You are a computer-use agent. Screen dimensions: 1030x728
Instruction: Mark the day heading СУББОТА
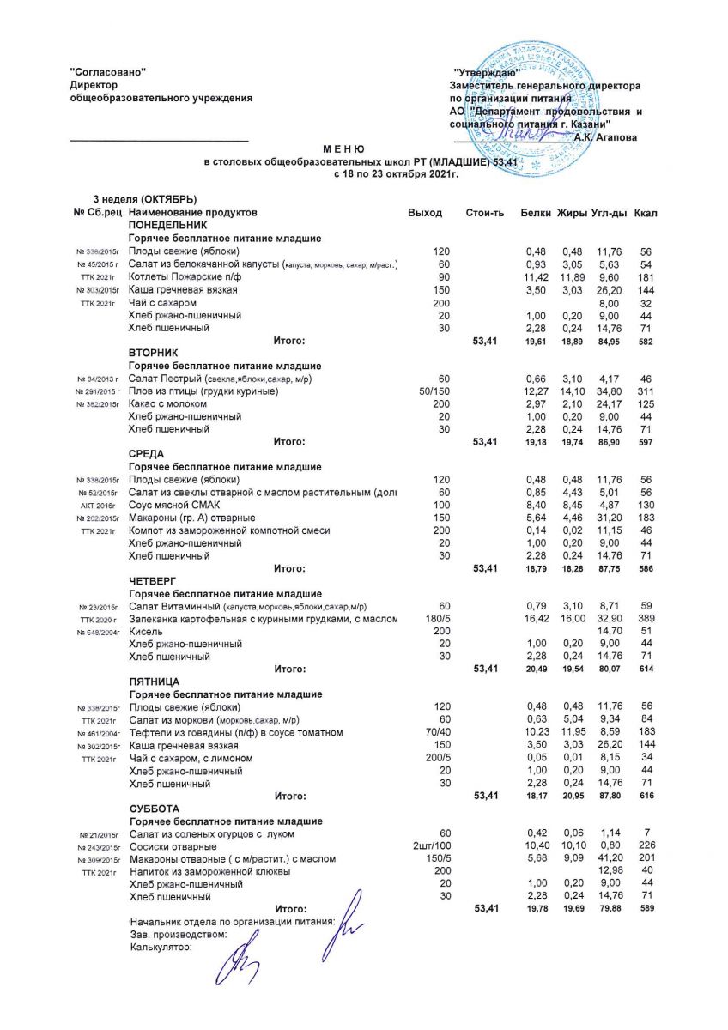[x=155, y=809]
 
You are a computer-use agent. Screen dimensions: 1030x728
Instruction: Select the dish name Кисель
[x=145, y=630]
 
